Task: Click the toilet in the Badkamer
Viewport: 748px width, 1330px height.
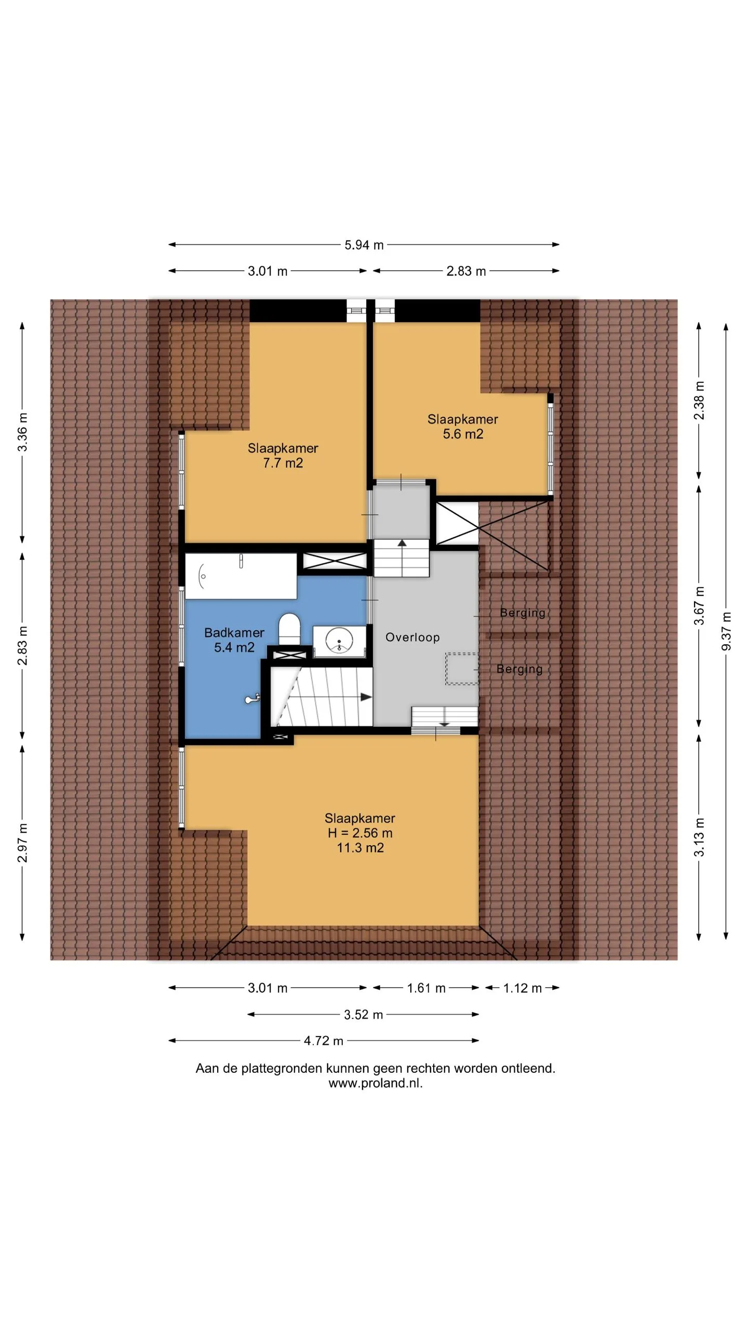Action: point(290,629)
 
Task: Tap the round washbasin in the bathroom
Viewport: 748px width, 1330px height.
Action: point(339,641)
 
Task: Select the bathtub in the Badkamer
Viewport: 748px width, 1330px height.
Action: point(241,576)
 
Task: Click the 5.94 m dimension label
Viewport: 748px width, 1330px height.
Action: point(364,245)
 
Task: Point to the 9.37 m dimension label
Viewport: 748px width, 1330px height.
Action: point(726,631)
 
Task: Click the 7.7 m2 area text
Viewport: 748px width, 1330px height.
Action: point(283,463)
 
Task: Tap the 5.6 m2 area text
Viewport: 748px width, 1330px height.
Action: point(463,434)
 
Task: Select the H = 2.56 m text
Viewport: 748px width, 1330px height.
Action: point(360,833)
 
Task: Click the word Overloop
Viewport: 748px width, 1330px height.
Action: point(412,637)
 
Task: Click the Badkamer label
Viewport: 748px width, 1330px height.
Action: point(234,632)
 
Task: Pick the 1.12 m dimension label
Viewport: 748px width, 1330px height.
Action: point(523,988)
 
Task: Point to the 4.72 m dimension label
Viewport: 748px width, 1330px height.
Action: point(324,1041)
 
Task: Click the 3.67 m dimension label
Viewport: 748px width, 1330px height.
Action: point(700,606)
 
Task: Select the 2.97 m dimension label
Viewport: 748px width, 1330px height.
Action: point(22,843)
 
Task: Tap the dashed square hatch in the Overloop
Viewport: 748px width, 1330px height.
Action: point(462,669)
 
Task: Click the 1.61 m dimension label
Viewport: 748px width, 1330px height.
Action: point(426,988)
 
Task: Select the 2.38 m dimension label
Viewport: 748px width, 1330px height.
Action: point(700,400)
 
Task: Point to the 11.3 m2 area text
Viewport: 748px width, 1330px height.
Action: point(360,848)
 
